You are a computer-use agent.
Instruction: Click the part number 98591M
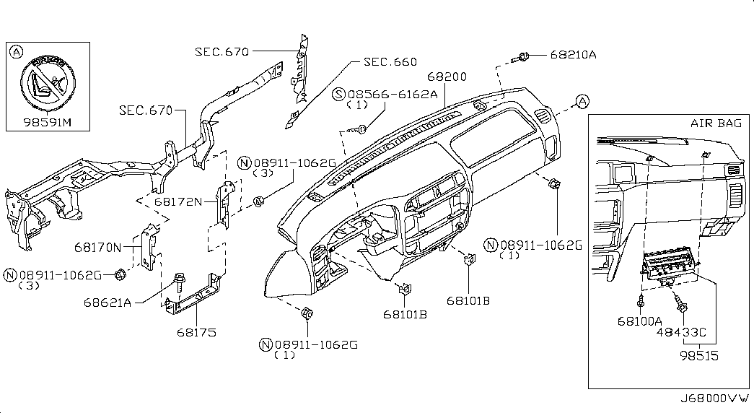point(47,122)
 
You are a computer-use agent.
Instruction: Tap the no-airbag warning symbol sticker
point(48,83)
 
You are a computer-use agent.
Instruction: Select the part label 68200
point(447,77)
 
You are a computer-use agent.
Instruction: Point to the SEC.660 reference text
point(390,61)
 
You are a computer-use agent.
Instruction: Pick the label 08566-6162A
point(393,95)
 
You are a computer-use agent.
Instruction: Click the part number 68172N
point(178,201)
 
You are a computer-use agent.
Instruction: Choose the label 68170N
point(98,248)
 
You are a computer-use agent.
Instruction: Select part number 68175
point(196,332)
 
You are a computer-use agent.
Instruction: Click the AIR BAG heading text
point(716,123)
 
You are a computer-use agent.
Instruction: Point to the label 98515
point(699,356)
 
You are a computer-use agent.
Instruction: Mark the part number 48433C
point(681,332)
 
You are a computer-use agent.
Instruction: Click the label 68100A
point(639,321)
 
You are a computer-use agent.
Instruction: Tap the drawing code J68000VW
point(714,399)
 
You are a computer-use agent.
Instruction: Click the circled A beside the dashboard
point(582,102)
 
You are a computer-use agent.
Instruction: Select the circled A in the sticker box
point(17,51)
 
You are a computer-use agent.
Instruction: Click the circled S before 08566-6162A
point(340,95)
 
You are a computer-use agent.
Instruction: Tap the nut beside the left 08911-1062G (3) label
point(120,275)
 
